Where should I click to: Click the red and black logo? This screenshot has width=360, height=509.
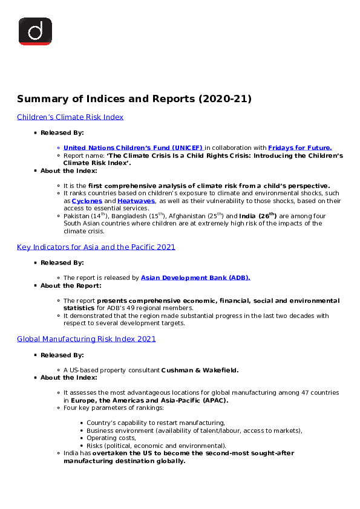[x=35, y=31]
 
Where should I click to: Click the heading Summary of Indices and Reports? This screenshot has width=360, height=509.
[x=134, y=99]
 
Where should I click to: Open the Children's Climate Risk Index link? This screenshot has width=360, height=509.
[x=70, y=117]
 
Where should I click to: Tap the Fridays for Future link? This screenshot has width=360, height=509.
[x=299, y=148]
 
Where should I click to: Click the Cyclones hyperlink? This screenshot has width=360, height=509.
[x=87, y=201]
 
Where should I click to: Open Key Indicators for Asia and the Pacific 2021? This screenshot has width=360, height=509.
[x=96, y=247]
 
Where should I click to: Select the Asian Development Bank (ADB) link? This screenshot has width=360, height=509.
[x=195, y=278]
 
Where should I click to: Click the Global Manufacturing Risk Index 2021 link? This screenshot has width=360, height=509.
[x=87, y=339]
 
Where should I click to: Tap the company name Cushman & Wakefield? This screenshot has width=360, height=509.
[x=200, y=370]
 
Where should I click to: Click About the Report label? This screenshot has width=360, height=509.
[x=71, y=285]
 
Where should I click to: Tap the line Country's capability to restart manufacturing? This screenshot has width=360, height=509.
[x=155, y=423]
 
